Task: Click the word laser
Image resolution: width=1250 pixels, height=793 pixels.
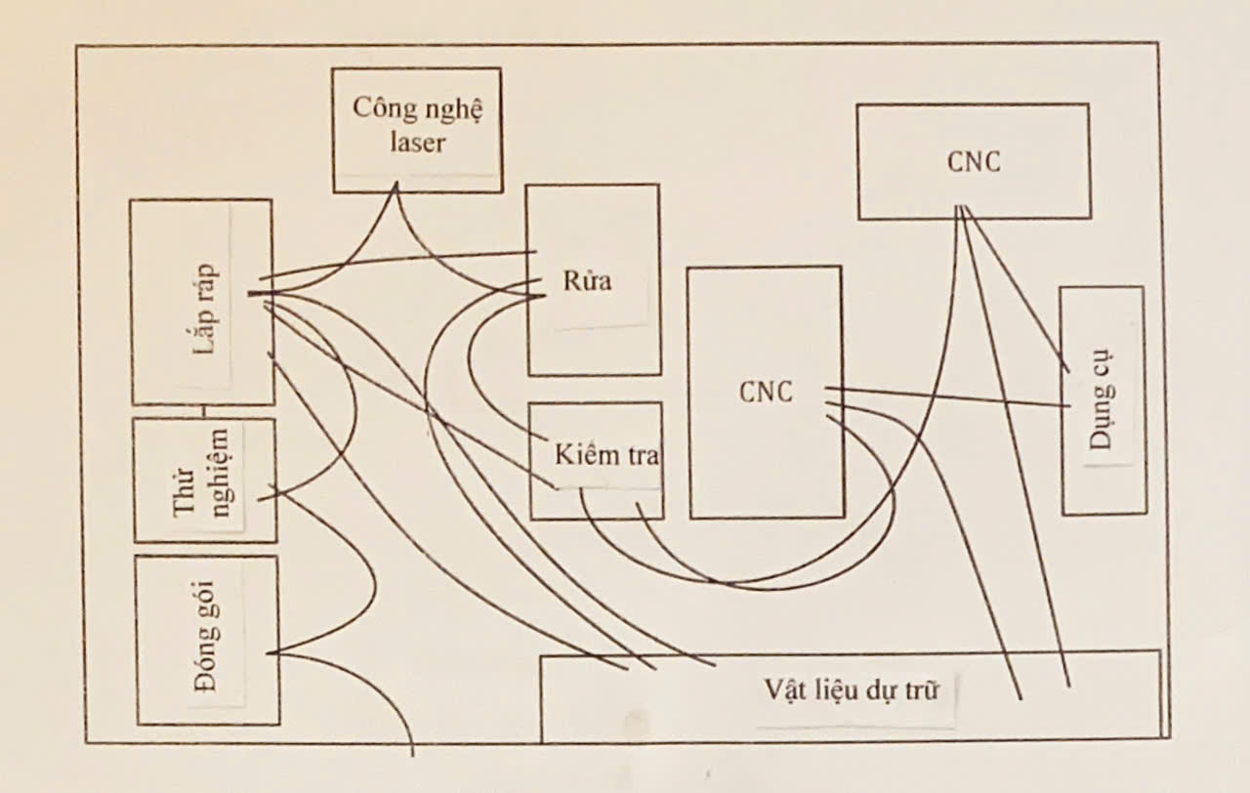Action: [x=417, y=143]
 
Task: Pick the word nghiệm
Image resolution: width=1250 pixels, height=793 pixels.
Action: [x=220, y=479]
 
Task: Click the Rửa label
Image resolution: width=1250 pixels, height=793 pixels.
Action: [x=588, y=281]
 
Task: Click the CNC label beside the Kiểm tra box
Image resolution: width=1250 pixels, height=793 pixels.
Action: [x=766, y=393]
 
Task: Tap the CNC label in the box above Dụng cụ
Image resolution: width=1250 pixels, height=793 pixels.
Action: [x=974, y=161]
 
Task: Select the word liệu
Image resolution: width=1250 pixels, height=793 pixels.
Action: [x=830, y=689]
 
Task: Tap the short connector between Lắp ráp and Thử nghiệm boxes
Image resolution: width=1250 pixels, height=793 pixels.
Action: [x=204, y=411]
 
